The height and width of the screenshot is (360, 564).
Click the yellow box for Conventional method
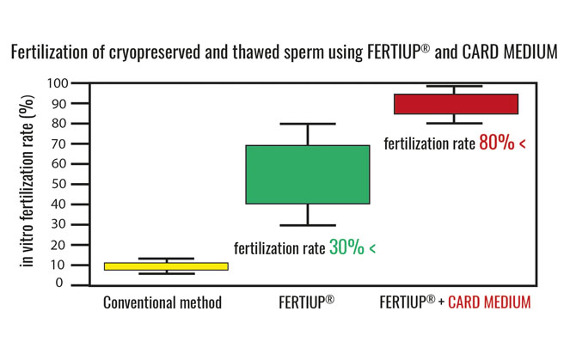[x=166, y=266]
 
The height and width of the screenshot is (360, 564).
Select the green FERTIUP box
[x=308, y=174]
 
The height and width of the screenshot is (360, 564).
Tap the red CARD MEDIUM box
[x=456, y=104]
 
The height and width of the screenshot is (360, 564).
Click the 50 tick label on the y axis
[x=59, y=184]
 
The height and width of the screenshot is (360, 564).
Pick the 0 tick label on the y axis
[x=59, y=284]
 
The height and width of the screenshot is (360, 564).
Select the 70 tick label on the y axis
[x=59, y=143]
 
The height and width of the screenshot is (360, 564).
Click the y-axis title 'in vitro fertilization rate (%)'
[x=28, y=181]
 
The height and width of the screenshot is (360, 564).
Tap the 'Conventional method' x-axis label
[x=162, y=302]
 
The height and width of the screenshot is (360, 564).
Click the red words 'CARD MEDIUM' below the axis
[x=489, y=302]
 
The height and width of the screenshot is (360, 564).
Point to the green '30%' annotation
[x=346, y=247]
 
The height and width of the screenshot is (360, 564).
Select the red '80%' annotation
[x=497, y=143]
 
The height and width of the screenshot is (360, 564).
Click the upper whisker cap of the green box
[x=308, y=124]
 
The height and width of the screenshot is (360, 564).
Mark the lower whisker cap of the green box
[x=308, y=225]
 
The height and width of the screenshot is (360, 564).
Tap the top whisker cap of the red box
[x=454, y=86]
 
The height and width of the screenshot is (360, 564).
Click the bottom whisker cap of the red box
[x=454, y=123]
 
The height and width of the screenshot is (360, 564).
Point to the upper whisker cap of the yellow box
[x=166, y=259]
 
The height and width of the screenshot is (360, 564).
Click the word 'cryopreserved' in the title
[x=154, y=52]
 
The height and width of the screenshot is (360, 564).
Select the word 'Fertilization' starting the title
[x=49, y=52]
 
